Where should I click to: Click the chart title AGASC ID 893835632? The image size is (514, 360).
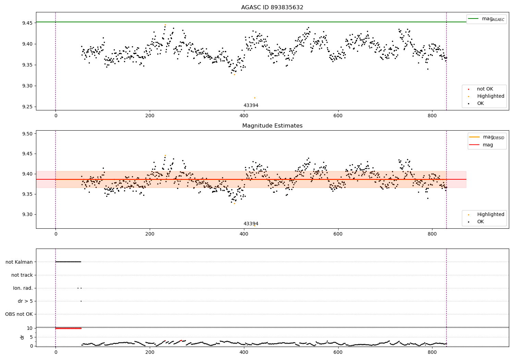(272, 8)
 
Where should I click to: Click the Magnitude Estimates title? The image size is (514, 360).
(272, 126)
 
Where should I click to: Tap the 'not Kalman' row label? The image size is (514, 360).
(19, 262)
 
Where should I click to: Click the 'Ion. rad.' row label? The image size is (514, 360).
(23, 288)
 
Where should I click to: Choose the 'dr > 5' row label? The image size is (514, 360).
(25, 301)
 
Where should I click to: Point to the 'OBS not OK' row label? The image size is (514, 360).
(19, 314)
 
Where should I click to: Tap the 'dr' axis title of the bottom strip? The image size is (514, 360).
(22, 337)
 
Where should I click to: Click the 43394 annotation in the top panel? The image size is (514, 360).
(251, 106)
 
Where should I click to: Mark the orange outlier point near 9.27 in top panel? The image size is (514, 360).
(255, 98)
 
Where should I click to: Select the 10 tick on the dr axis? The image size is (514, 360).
(29, 328)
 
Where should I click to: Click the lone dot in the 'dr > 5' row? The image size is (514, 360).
(81, 301)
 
